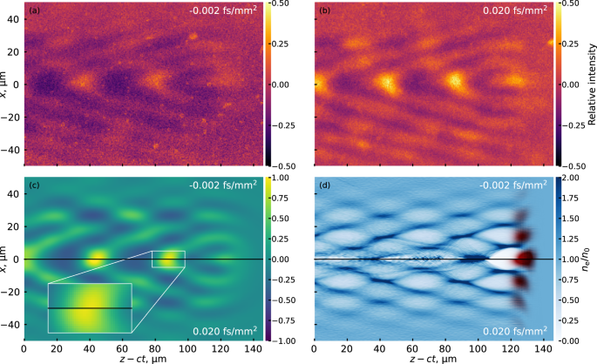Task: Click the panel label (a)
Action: point(33,10)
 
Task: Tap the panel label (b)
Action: point(324,10)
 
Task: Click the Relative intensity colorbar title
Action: point(591,84)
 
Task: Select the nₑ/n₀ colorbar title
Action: point(590,260)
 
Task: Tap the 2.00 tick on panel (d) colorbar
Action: point(568,179)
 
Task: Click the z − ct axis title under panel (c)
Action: point(143,358)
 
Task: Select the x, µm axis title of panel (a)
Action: point(8,84)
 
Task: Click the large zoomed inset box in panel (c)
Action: point(90,307)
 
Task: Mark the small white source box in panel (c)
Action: point(168,260)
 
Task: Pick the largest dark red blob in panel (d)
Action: point(525,258)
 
